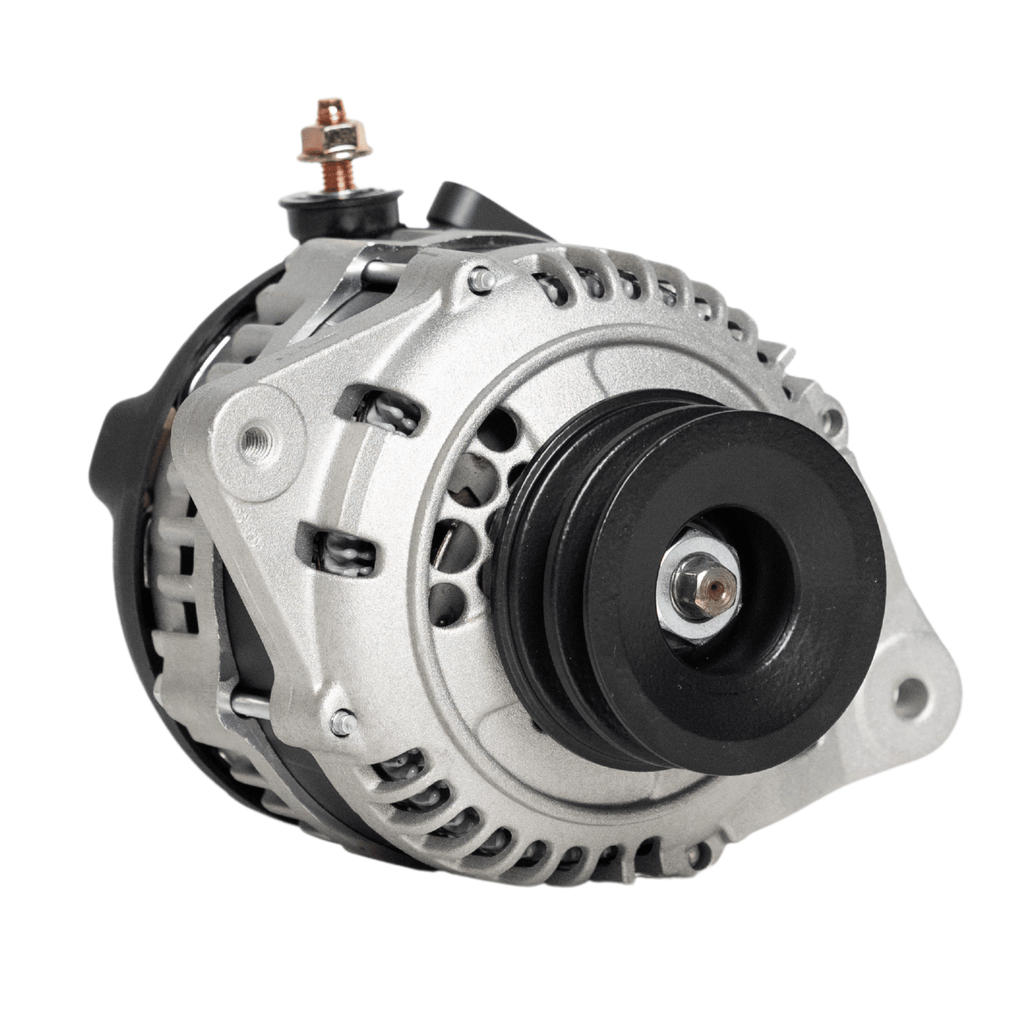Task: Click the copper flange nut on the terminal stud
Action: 334,143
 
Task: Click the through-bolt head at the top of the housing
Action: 481,280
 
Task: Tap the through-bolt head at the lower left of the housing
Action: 343,722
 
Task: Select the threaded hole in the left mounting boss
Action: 257,438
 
